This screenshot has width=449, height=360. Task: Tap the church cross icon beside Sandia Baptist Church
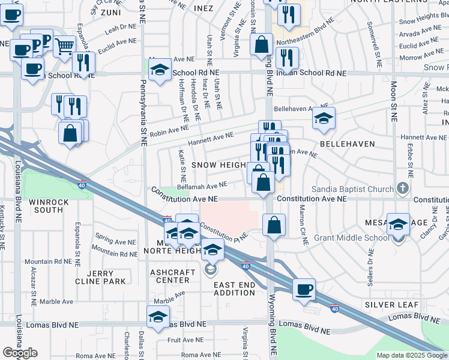coord(402,188)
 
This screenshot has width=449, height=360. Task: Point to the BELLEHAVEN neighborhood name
coord(347,144)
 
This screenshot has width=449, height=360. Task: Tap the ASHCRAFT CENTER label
coord(170,276)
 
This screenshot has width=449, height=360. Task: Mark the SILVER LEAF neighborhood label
coord(391,305)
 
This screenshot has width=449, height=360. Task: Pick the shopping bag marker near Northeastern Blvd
coord(262,44)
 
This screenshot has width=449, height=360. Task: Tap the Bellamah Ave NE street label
coord(206,186)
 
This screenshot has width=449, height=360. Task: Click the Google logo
coord(20,353)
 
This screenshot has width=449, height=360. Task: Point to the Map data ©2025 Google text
coord(411,355)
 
